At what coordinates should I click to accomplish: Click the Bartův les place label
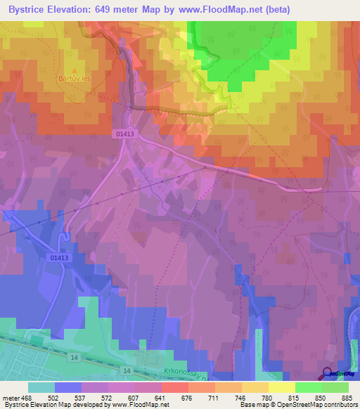(x=75, y=79)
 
